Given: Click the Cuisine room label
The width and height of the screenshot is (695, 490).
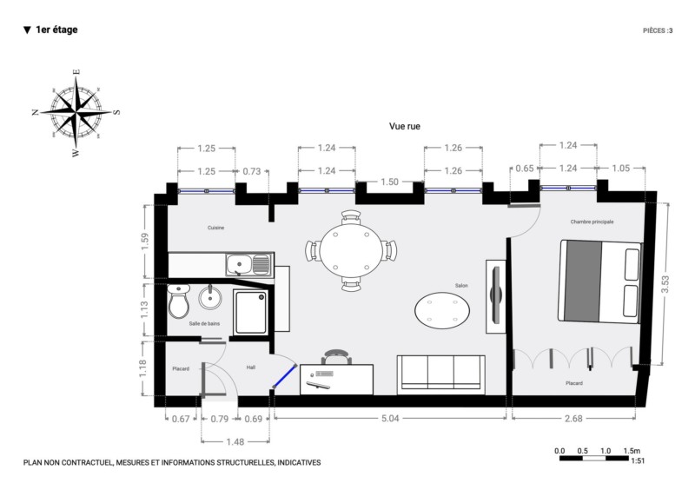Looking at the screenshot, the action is tap(215, 228).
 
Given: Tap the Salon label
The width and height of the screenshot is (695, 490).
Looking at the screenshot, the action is tap(461, 286).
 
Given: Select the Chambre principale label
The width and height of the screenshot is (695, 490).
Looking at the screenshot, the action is tap(592, 222).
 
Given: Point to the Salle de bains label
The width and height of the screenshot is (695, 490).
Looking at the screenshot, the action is tap(204, 324).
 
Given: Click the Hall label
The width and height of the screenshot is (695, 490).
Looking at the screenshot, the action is tap(251, 367).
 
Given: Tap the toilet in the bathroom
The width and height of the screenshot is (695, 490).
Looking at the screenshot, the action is tap(179, 301).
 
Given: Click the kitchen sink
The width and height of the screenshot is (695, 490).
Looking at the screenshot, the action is tap(248, 265).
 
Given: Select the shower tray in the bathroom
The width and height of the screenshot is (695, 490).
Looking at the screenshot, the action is tap(250, 312).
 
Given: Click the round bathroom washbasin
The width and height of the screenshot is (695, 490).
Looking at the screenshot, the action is tap(209, 297).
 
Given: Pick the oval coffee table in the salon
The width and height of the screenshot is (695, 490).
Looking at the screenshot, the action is tap(442, 310).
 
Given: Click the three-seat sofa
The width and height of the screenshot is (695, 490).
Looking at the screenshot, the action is tap(441, 374).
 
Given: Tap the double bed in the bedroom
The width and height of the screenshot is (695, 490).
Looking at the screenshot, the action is tap(600, 282).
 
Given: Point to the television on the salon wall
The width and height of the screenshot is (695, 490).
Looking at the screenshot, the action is tap(496, 295).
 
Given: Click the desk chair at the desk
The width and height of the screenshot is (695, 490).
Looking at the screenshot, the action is tap(337, 357).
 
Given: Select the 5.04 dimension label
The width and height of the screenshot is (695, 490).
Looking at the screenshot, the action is tap(390, 419).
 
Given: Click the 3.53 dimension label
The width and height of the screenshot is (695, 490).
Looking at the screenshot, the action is tap(665, 284).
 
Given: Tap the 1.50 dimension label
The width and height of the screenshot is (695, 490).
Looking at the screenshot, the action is tap(389, 182).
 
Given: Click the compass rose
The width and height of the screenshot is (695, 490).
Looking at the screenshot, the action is tap(76, 113).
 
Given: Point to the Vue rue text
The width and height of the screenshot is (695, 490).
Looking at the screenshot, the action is tap(405, 126).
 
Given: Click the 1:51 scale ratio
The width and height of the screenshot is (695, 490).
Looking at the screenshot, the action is tap(638, 460).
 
